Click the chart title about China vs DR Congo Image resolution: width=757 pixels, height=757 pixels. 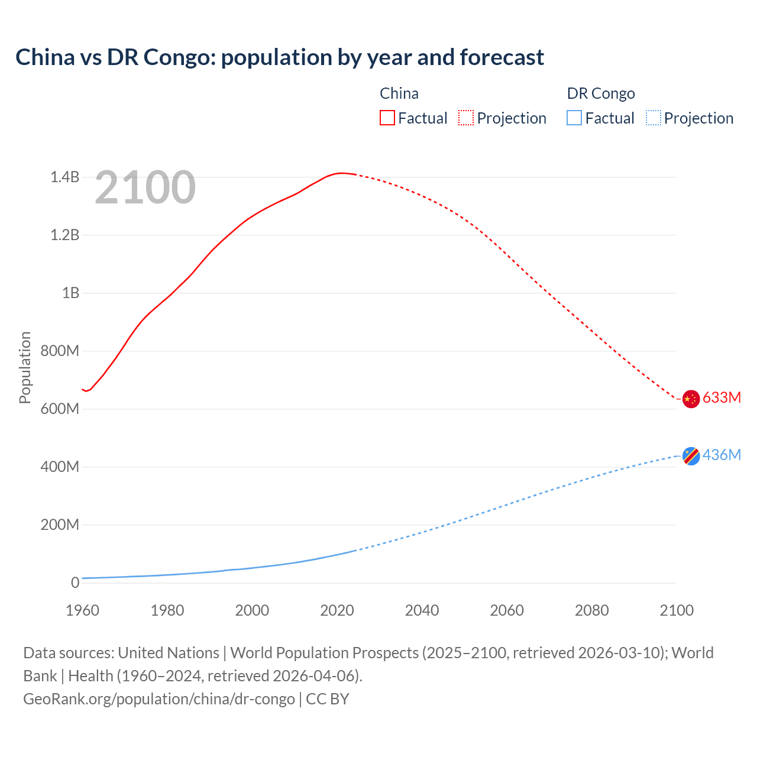[x=280, y=57]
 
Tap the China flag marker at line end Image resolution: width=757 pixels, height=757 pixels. [x=691, y=399]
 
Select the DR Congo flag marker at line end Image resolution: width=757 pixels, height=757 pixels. [x=691, y=456]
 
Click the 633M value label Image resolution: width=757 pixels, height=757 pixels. [x=722, y=397]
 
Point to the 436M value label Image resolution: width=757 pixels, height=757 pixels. [x=722, y=455]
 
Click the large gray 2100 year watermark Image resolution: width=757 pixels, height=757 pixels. [x=145, y=187]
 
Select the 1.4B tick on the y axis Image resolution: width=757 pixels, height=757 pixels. [x=64, y=177]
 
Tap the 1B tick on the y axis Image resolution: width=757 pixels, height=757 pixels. [x=70, y=293]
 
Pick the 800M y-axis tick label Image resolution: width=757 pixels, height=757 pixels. [x=60, y=351]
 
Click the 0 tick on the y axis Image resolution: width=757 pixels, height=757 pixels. [x=75, y=583]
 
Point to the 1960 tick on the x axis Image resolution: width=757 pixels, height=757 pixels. [x=82, y=610]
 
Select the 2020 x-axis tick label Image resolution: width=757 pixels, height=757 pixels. [x=337, y=610]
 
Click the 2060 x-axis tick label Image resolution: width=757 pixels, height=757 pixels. [x=507, y=610]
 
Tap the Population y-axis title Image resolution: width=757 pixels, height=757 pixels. [x=25, y=367]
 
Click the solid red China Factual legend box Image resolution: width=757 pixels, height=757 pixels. [x=387, y=118]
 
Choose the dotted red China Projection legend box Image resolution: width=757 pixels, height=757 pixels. [x=466, y=118]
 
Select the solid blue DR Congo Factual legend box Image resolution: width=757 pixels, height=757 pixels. [x=574, y=118]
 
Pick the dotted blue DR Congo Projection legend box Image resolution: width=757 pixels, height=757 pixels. [x=653, y=118]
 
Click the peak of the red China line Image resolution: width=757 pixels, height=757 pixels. [x=341, y=173]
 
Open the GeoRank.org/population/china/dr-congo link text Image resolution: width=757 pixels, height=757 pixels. [x=158, y=699]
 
